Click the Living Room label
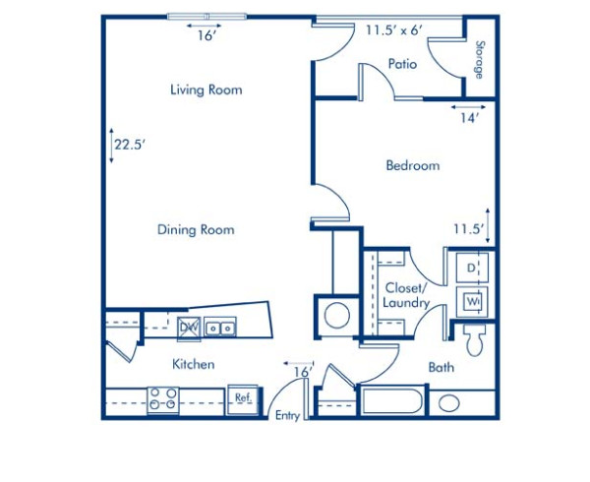pos(206,90)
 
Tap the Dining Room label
pos(196,230)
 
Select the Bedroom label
pos(412,166)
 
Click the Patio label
pos(402,64)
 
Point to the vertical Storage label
pos(480,58)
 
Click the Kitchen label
pos(194,364)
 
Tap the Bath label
pos(442,368)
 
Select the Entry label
pos(287,416)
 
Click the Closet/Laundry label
pos(406,295)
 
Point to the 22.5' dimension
pos(128,144)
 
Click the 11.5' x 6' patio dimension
pos(394,30)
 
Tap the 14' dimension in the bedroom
pos(469,118)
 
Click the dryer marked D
pos(472,268)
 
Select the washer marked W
pos(472,300)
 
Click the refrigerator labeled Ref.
pos(242,398)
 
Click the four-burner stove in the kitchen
pos(162,399)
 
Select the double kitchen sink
pos(220,328)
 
